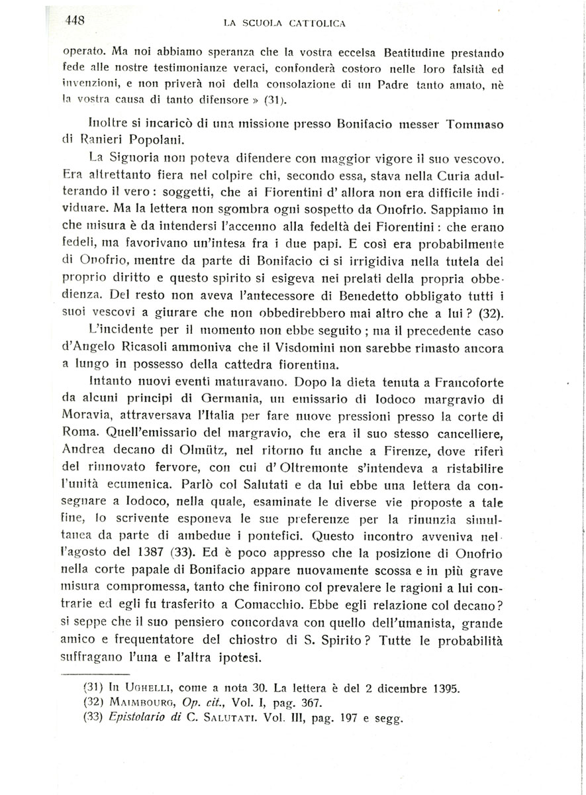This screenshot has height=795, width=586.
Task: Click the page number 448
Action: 75,21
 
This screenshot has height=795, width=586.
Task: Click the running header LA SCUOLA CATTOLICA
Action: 285,23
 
